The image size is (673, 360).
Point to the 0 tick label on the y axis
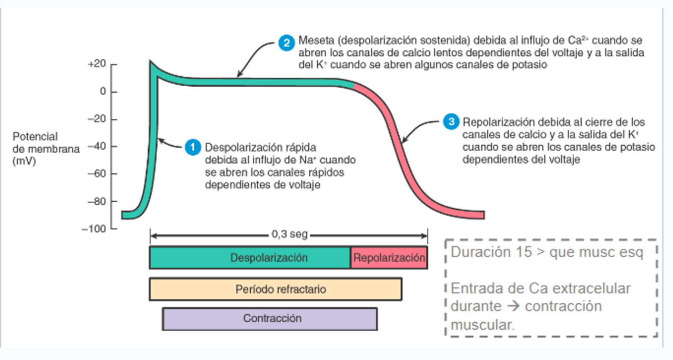[102, 92]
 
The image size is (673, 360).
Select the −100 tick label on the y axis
[94, 229]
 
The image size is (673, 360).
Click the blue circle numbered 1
[193, 147]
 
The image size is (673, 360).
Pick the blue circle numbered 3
[451, 122]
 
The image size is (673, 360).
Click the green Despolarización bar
[250, 258]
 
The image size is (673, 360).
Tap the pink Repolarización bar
[389, 258]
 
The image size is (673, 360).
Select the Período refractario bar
[275, 289]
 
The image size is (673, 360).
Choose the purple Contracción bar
[269, 319]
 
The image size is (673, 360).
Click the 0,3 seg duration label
[290, 234]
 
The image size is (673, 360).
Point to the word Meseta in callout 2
[313, 40]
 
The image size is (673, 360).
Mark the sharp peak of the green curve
[151, 63]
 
